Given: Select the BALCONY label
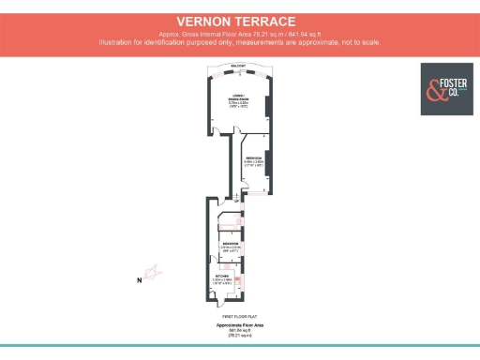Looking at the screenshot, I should tap(239, 65).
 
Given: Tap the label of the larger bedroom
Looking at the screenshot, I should tap(254, 158).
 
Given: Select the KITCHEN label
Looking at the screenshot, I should tap(221, 275).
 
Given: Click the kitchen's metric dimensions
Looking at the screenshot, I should tap(221, 279).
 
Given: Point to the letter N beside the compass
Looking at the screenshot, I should tap(138, 279).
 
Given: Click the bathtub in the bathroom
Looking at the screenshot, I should tap(229, 221).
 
